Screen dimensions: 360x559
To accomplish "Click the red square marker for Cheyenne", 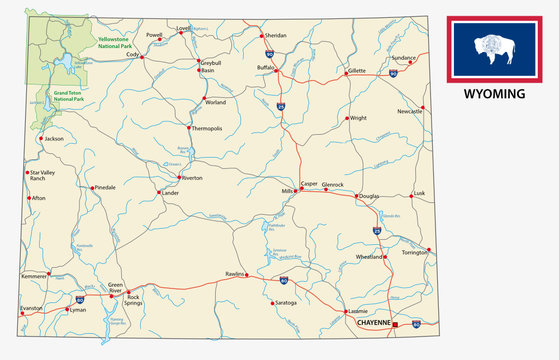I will (x=396, y=325).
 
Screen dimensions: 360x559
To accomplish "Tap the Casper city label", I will (x=309, y=184).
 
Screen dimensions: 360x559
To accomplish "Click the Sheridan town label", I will (x=275, y=35).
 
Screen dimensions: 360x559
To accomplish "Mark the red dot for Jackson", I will (x=41, y=139).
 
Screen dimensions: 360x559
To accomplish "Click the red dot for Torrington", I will (x=429, y=249).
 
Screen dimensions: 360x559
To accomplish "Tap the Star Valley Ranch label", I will (x=46, y=176).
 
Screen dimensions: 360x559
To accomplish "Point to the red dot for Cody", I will (x=142, y=57).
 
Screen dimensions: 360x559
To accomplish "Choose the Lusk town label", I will (x=419, y=192).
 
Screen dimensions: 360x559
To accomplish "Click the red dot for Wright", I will (x=347, y=118).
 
